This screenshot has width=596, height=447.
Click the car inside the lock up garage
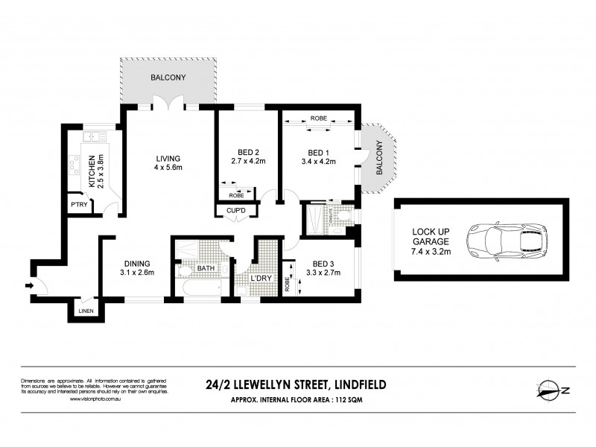coord(506,240)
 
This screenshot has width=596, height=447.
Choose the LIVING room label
coord(168,158)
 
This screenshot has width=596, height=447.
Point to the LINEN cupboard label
coord(86,311)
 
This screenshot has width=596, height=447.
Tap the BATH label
coord(205,268)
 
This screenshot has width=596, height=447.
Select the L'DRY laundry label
coord(261,279)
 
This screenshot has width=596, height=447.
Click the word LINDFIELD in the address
coord(358,385)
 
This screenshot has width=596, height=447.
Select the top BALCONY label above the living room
coord(168,77)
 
